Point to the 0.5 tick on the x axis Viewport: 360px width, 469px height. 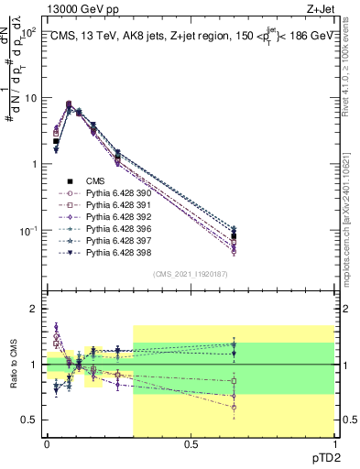click(x=191, y=445)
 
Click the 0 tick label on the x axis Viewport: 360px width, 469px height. click(x=47, y=445)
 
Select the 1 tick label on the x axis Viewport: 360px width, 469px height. click(x=333, y=445)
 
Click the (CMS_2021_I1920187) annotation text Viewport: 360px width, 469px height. click(x=190, y=274)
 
